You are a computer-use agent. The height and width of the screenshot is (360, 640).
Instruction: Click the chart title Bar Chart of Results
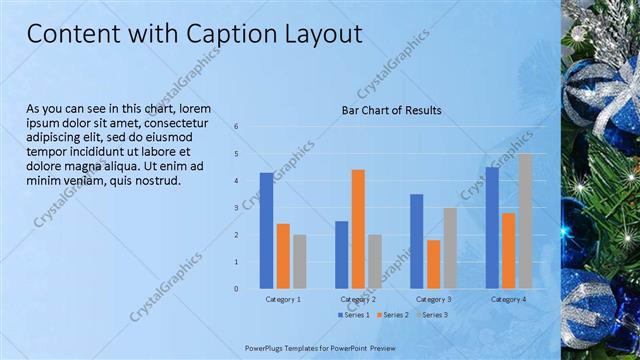pos(391,109)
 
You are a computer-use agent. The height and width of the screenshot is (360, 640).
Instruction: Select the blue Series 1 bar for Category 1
pos(266,231)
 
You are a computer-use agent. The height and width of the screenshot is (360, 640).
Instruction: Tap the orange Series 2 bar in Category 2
pos(358,229)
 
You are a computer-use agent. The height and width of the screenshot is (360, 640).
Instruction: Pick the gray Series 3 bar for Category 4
pos(525,221)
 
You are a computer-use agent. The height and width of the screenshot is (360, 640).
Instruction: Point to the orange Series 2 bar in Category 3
pos(433,264)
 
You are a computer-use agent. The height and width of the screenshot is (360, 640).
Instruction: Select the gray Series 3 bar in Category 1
pos(299,261)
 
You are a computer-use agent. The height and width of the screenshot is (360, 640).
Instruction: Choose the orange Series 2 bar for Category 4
pos(508,250)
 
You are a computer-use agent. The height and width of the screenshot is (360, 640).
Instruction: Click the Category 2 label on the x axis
pos(358,299)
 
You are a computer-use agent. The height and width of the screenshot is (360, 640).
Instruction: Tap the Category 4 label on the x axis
pos(508,299)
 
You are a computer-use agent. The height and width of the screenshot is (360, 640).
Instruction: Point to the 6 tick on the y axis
pos(236,127)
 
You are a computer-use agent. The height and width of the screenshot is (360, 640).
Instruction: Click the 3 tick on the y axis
pos(236,208)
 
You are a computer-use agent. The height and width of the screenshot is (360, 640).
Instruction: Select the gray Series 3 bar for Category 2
pos(374,261)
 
